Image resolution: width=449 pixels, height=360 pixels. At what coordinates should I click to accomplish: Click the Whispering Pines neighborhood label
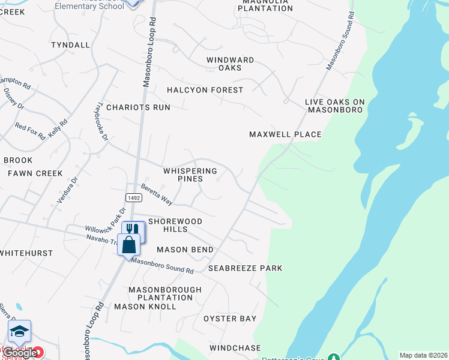(x=190, y=175)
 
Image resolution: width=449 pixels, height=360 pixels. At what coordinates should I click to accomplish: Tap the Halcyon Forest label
(x=205, y=90)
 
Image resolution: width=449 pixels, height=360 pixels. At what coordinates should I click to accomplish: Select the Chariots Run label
(x=138, y=107)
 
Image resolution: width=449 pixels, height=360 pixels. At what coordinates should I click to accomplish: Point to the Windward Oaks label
(x=230, y=64)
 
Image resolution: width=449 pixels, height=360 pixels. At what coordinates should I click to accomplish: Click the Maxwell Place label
(x=286, y=134)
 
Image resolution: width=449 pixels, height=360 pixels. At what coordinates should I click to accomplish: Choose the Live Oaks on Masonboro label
(x=335, y=106)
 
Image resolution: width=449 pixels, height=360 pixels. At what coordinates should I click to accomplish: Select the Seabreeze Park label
(x=245, y=268)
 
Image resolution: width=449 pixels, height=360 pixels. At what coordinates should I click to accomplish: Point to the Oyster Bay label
(x=230, y=319)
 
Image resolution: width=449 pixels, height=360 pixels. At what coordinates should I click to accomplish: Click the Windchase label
(x=235, y=348)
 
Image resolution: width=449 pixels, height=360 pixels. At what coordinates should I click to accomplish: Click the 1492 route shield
(x=133, y=197)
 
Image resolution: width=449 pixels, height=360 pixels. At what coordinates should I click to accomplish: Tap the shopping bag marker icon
(x=129, y=244)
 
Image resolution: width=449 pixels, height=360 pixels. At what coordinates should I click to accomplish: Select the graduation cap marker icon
(x=19, y=331)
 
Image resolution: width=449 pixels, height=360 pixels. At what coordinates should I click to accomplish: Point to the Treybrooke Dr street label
(x=99, y=122)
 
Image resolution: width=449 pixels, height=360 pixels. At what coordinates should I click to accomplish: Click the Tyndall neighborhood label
(x=70, y=45)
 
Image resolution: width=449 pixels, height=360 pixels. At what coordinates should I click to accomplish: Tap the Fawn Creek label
(x=35, y=173)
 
